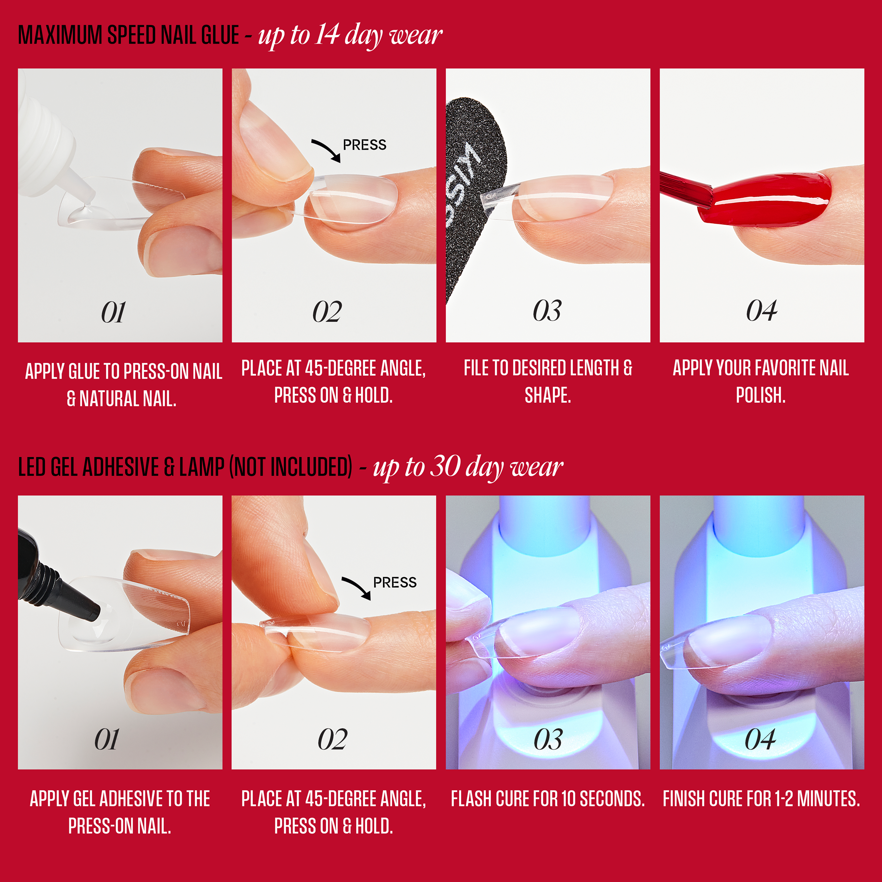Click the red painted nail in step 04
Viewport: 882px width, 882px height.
pos(771,200)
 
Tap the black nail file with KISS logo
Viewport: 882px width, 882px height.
pos(475,192)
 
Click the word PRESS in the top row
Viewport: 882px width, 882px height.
pos(364,145)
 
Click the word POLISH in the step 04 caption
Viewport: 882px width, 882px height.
pos(761,395)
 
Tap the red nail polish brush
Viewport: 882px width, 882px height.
pos(685,189)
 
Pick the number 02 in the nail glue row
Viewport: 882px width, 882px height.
pos(327,312)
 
